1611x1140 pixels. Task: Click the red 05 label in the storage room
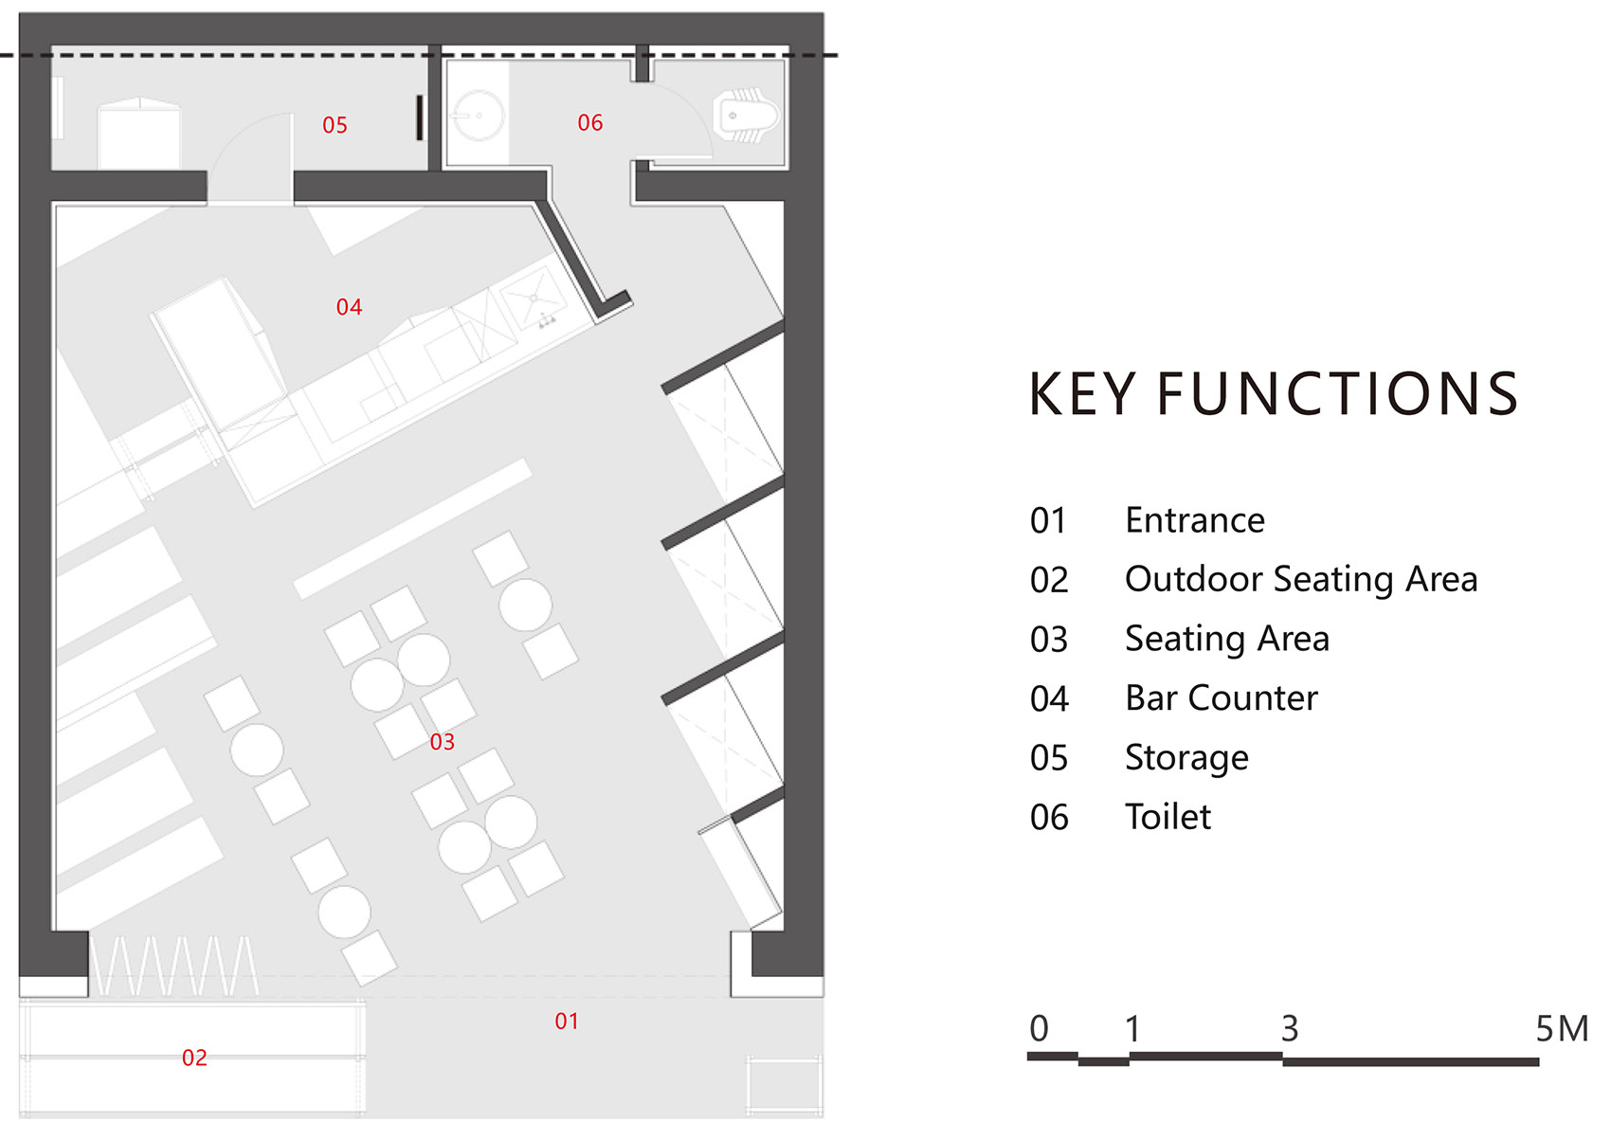pyautogui.click(x=335, y=125)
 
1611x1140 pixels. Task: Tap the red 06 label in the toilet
pyautogui.click(x=589, y=123)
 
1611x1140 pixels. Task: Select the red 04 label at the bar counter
pyautogui.click(x=349, y=307)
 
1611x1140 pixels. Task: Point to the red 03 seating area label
pyautogui.click(x=442, y=742)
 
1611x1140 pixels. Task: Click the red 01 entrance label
pyautogui.click(x=566, y=1022)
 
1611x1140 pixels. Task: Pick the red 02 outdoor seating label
pyautogui.click(x=194, y=1058)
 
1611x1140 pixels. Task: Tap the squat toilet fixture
pyautogui.click(x=746, y=116)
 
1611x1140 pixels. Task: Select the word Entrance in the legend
pyautogui.click(x=1194, y=520)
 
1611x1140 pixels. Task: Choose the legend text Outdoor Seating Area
pyautogui.click(x=1300, y=579)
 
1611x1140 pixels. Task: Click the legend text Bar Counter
pyautogui.click(x=1221, y=698)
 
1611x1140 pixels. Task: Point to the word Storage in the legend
pyautogui.click(x=1186, y=758)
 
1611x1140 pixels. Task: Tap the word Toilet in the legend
pyautogui.click(x=1168, y=817)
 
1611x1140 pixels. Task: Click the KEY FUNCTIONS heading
pyautogui.click(x=1273, y=394)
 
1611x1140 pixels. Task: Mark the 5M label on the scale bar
pyautogui.click(x=1561, y=1028)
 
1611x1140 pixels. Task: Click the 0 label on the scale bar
pyautogui.click(x=1039, y=1028)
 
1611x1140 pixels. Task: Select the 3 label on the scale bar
pyautogui.click(x=1289, y=1028)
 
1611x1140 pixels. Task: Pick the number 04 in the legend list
pyautogui.click(x=1049, y=699)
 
